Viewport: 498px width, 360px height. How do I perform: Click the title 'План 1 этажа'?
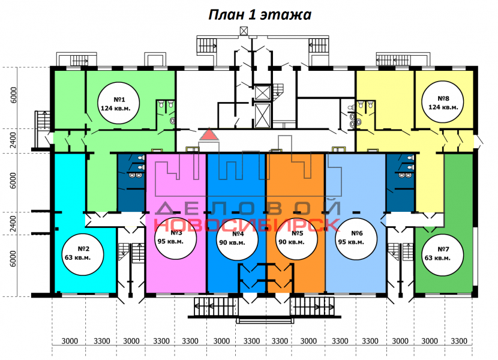(x=259, y=15)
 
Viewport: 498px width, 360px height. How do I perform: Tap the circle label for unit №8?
(x=443, y=103)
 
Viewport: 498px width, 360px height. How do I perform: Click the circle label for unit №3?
(x=176, y=238)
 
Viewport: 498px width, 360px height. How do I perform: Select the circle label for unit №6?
(x=356, y=238)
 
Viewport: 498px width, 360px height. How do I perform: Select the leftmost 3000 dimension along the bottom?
(x=70, y=341)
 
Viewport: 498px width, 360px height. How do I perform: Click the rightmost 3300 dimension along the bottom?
(x=458, y=341)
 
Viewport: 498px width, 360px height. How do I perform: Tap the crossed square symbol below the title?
(x=244, y=31)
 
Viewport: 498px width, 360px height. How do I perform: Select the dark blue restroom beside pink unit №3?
(x=130, y=182)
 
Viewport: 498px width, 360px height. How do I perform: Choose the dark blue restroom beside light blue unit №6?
(x=400, y=182)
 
